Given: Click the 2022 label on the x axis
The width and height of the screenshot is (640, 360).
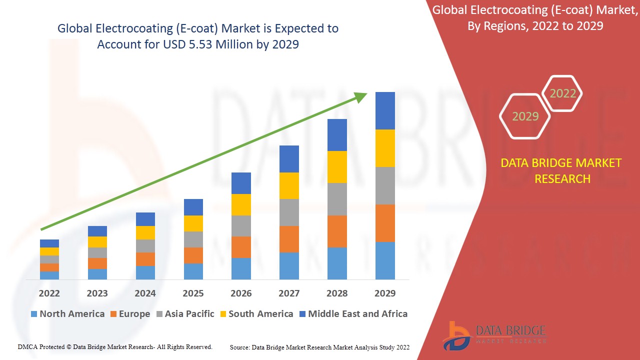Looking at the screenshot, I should click(x=49, y=293).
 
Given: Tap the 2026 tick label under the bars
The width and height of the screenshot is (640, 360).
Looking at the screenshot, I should click(x=241, y=293).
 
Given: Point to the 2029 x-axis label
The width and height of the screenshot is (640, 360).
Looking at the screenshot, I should click(x=385, y=293).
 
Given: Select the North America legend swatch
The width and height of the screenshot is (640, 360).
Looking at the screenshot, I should click(x=34, y=314).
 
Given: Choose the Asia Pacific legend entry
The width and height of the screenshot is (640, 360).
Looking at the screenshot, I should click(x=186, y=314).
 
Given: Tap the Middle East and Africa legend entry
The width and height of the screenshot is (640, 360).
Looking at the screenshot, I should click(x=353, y=314).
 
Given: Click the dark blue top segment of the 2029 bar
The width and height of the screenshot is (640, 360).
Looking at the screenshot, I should click(x=385, y=110).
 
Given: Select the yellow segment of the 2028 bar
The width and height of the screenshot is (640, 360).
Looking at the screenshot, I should click(x=337, y=167).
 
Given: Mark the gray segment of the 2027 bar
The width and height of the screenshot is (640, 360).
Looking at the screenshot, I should click(x=289, y=212).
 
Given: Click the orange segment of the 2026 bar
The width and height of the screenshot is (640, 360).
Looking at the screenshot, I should click(x=241, y=247).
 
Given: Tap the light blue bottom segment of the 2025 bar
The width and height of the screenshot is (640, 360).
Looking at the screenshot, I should click(x=193, y=271).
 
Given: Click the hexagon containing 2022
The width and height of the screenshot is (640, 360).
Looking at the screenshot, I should click(x=562, y=93).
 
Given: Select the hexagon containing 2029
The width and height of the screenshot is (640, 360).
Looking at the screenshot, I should click(x=525, y=116).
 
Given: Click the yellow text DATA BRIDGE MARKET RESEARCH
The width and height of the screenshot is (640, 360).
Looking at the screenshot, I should click(x=562, y=170).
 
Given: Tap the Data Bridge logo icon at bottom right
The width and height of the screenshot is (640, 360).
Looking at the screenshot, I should click(x=456, y=335).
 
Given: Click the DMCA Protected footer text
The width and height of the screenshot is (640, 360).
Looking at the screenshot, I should click(x=115, y=346).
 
